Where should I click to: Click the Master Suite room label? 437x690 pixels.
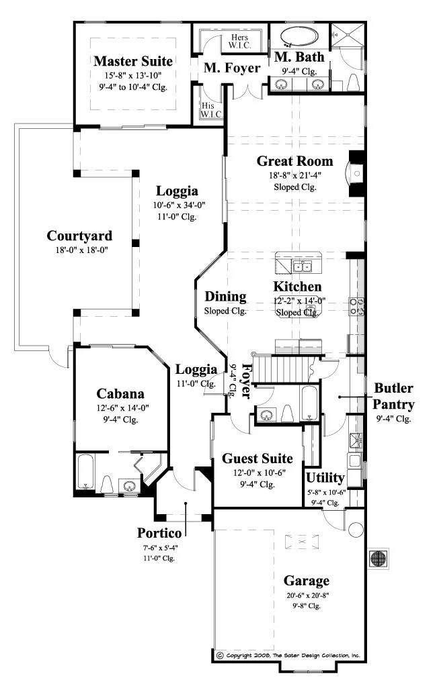click(x=132, y=60)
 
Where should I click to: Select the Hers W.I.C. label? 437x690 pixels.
click(x=239, y=42)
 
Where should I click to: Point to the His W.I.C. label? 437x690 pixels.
click(x=211, y=110)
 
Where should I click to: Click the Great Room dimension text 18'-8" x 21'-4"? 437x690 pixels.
click(x=295, y=175)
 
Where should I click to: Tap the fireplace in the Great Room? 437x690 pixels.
click(x=356, y=173)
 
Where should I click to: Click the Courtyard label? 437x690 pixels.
click(x=79, y=236)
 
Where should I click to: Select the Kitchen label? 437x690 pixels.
click(x=297, y=287)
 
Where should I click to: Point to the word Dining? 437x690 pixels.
click(x=225, y=297)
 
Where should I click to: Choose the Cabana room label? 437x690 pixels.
click(x=120, y=393)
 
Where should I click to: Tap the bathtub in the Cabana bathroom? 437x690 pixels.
click(x=85, y=472)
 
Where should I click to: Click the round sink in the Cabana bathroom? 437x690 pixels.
click(x=129, y=486)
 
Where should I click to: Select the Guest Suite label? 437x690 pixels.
click(x=257, y=458)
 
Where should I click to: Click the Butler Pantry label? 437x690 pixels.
click(x=393, y=396)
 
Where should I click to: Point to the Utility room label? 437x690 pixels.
click(x=325, y=477)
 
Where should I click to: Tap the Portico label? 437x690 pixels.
click(x=159, y=533)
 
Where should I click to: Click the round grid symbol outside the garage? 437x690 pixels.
click(x=378, y=558)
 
